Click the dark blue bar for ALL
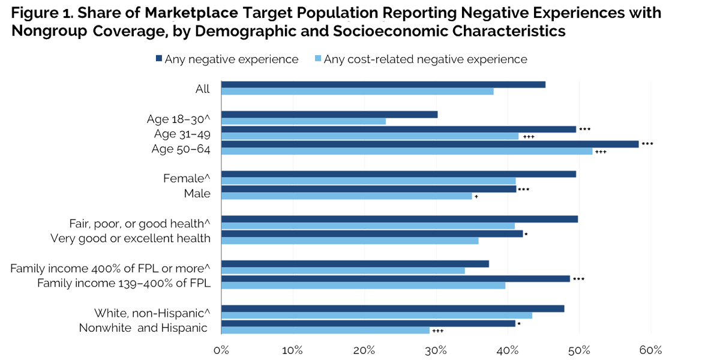tap(384, 85)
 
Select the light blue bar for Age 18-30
tap(305, 122)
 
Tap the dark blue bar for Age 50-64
tap(432, 143)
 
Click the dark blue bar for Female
tap(399, 174)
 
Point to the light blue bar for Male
tap(348, 196)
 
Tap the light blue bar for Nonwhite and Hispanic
tap(327, 331)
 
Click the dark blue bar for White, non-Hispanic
tap(393, 309)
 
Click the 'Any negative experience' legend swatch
tap(158, 59)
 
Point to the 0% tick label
tap(221, 350)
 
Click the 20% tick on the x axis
tap(365, 350)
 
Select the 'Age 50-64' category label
tap(180, 149)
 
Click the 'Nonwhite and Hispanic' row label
tap(144, 328)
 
